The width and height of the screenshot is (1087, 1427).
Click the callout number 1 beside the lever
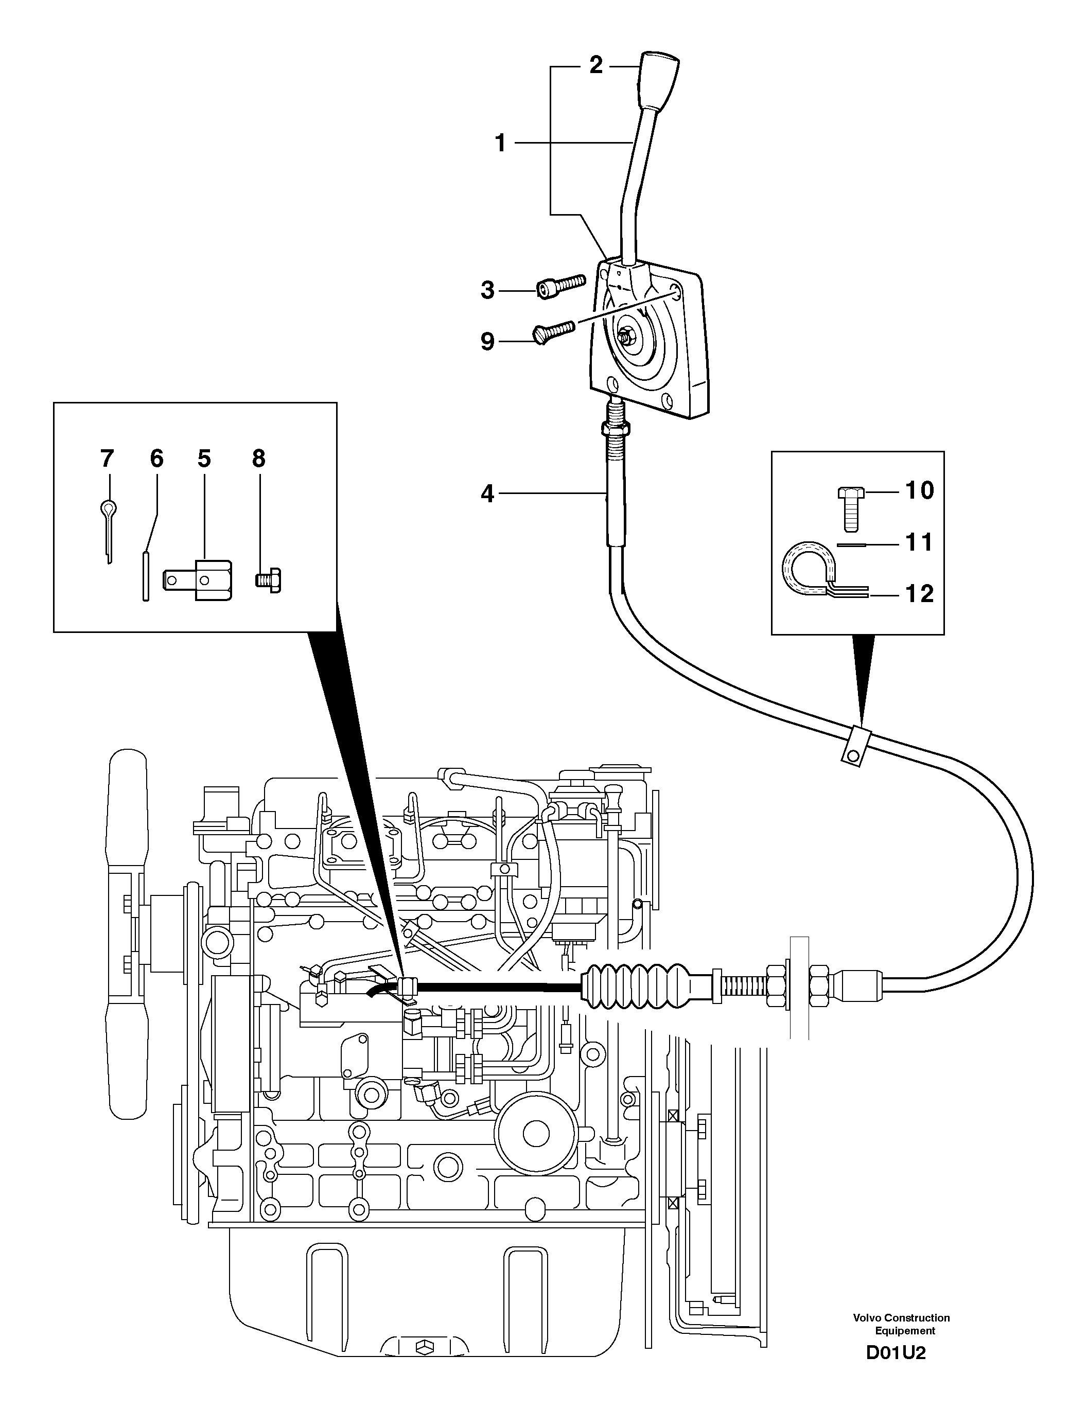click(x=500, y=143)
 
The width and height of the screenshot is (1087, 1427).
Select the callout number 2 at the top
click(x=595, y=65)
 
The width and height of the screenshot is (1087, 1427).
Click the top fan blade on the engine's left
click(x=128, y=802)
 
